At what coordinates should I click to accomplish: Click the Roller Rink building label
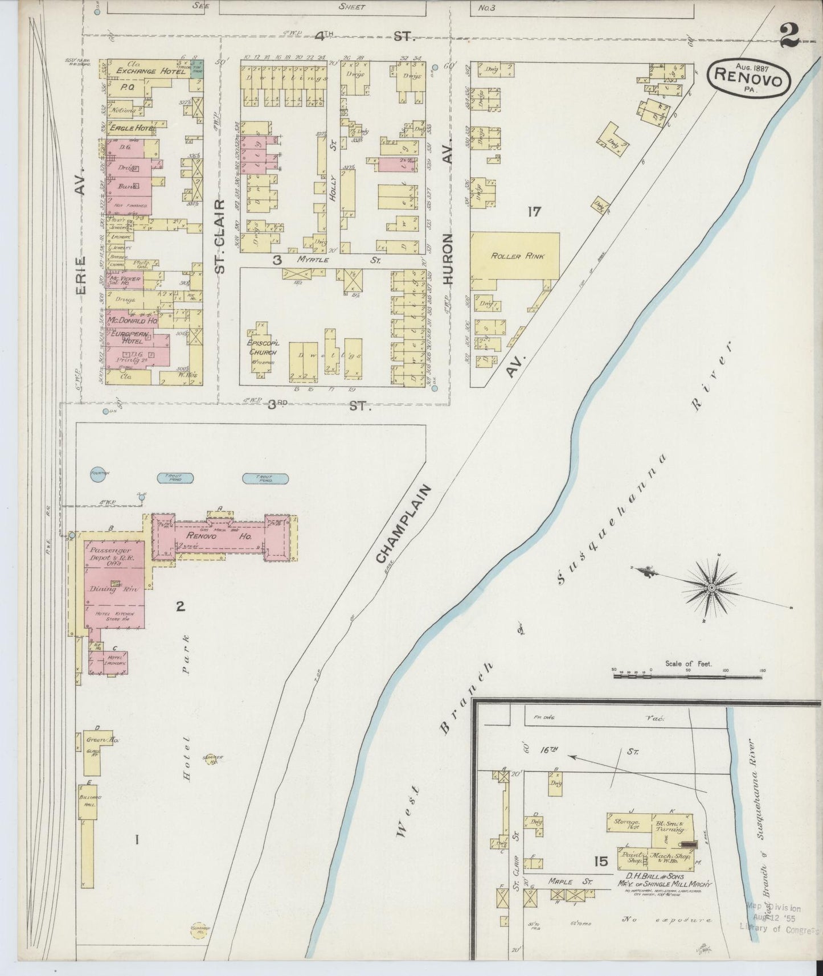(x=514, y=256)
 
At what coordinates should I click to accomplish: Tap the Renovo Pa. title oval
(x=750, y=76)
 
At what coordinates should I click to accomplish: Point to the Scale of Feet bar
(x=688, y=676)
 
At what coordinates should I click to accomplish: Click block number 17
(x=534, y=212)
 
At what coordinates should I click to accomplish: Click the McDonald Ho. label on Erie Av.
(x=132, y=321)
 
